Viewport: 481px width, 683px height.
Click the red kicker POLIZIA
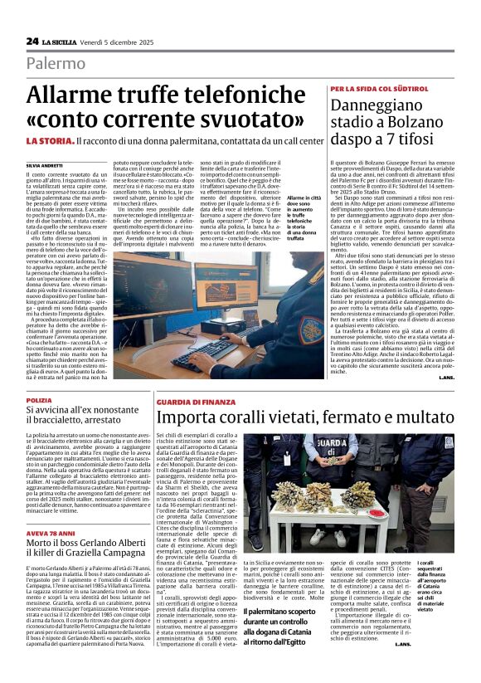38,400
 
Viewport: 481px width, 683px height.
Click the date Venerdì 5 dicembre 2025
125,41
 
